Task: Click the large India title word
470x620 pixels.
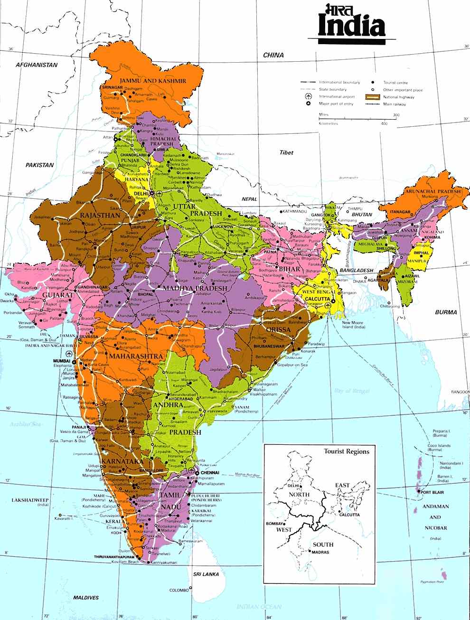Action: [x=352, y=28]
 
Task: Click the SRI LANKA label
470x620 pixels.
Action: [x=206, y=574]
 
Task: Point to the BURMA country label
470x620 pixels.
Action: [x=446, y=312]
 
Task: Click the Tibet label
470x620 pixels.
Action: [x=286, y=153]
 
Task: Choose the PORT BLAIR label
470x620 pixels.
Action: [x=432, y=492]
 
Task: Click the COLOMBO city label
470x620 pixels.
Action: [x=179, y=591]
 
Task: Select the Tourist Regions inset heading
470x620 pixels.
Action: [x=346, y=451]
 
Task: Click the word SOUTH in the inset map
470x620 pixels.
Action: [x=323, y=545]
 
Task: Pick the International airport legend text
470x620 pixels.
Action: [x=340, y=96]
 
